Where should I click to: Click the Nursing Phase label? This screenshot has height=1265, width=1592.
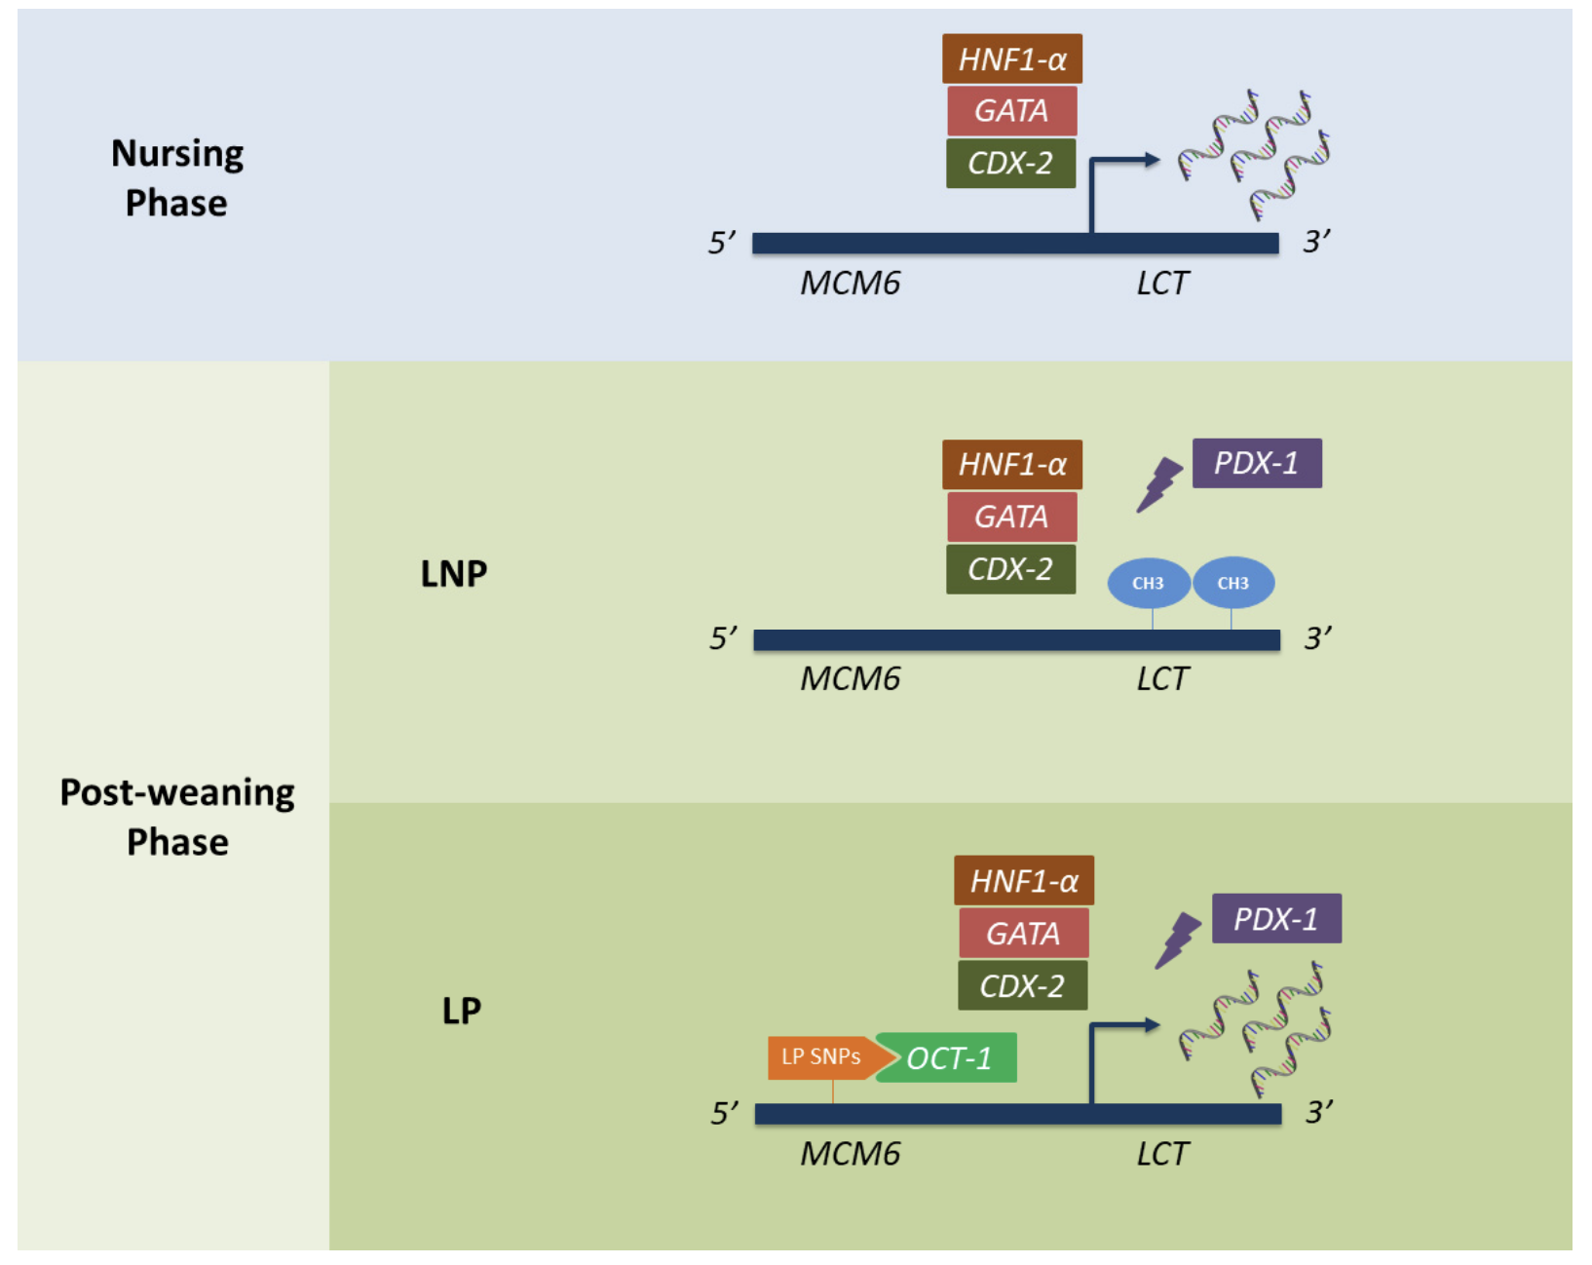click(176, 178)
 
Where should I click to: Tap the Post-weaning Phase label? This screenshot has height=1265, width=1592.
click(176, 817)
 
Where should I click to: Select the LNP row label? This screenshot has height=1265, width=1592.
click(453, 574)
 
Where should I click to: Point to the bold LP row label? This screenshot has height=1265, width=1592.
click(461, 1011)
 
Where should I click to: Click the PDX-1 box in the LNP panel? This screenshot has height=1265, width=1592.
click(1257, 464)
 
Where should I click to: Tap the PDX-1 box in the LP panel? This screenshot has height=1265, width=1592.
click(1276, 919)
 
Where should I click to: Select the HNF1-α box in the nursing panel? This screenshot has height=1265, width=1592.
click(1011, 59)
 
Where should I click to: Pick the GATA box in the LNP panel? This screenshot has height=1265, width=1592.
click(1011, 517)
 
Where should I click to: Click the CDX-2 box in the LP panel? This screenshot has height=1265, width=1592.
click(1022, 986)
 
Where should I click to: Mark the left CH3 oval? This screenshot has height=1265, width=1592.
click(1148, 583)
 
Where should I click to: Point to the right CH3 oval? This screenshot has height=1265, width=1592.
click(1233, 583)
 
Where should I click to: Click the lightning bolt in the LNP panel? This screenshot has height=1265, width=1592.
click(1159, 485)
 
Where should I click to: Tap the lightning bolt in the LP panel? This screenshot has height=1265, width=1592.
click(1178, 940)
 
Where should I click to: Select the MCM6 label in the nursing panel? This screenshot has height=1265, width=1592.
click(850, 284)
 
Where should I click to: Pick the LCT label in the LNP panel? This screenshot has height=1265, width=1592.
click(1162, 679)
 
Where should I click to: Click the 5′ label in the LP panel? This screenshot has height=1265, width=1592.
click(724, 1113)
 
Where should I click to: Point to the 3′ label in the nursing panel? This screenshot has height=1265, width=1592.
click(1316, 242)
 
